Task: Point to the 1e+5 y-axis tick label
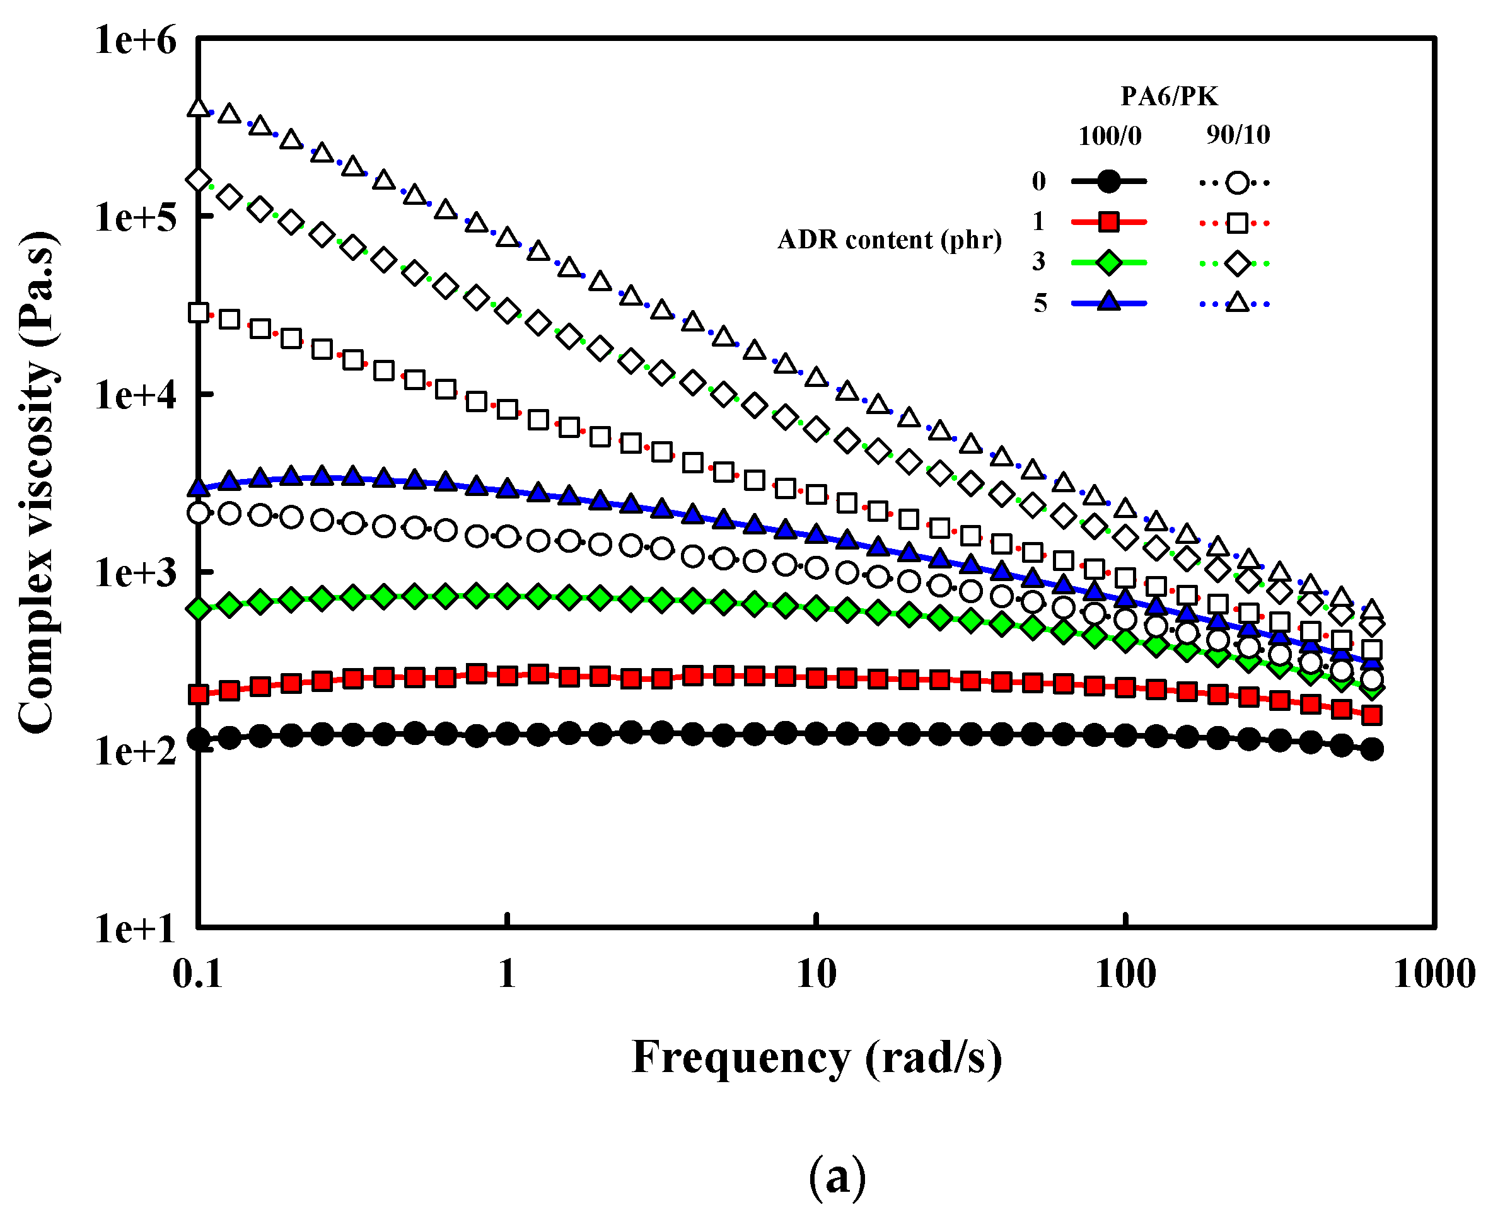point(136,217)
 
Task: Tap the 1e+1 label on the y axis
point(136,930)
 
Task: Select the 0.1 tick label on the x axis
point(198,974)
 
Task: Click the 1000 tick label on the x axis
point(1434,974)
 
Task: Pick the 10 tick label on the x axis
point(816,974)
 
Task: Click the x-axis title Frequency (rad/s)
point(817,1057)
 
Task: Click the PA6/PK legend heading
point(1169,96)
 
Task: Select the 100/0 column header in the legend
point(1110,136)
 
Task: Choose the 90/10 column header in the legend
point(1238,135)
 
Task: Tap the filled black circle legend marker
point(1108,182)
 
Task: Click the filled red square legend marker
point(1108,223)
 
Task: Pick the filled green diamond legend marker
point(1108,263)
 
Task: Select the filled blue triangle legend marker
point(1108,302)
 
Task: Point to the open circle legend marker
point(1238,183)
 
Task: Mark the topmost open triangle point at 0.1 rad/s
point(199,108)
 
